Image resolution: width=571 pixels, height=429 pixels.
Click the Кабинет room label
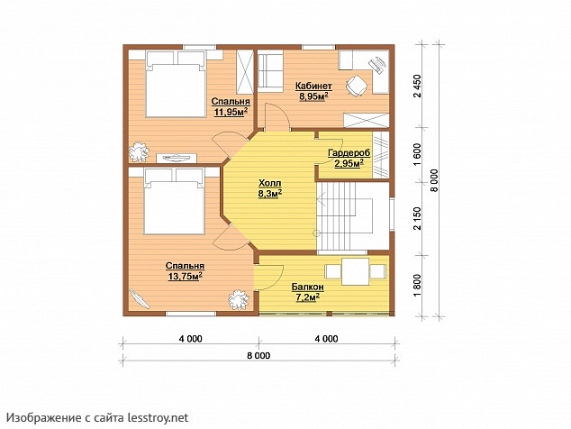point(313,86)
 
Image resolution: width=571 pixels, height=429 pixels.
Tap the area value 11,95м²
point(231,112)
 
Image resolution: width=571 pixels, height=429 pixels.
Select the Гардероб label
point(349,152)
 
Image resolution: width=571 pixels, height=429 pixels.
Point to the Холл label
point(270,183)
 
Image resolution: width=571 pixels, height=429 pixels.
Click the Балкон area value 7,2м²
point(308,297)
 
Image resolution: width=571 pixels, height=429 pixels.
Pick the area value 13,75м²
point(185,277)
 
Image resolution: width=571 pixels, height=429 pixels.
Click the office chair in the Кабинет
point(356,86)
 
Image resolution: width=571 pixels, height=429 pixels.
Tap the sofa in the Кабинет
point(270,71)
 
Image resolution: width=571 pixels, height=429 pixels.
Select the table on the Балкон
point(356,271)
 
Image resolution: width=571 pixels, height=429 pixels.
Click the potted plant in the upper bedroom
point(139,151)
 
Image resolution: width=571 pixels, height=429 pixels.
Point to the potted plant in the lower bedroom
point(239,299)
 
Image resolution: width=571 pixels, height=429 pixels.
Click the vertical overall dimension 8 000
point(436,181)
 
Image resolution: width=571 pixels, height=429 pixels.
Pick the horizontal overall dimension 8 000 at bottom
point(258,355)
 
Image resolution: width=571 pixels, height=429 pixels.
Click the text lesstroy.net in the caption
point(158,417)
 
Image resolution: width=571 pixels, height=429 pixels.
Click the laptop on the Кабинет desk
point(379,65)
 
